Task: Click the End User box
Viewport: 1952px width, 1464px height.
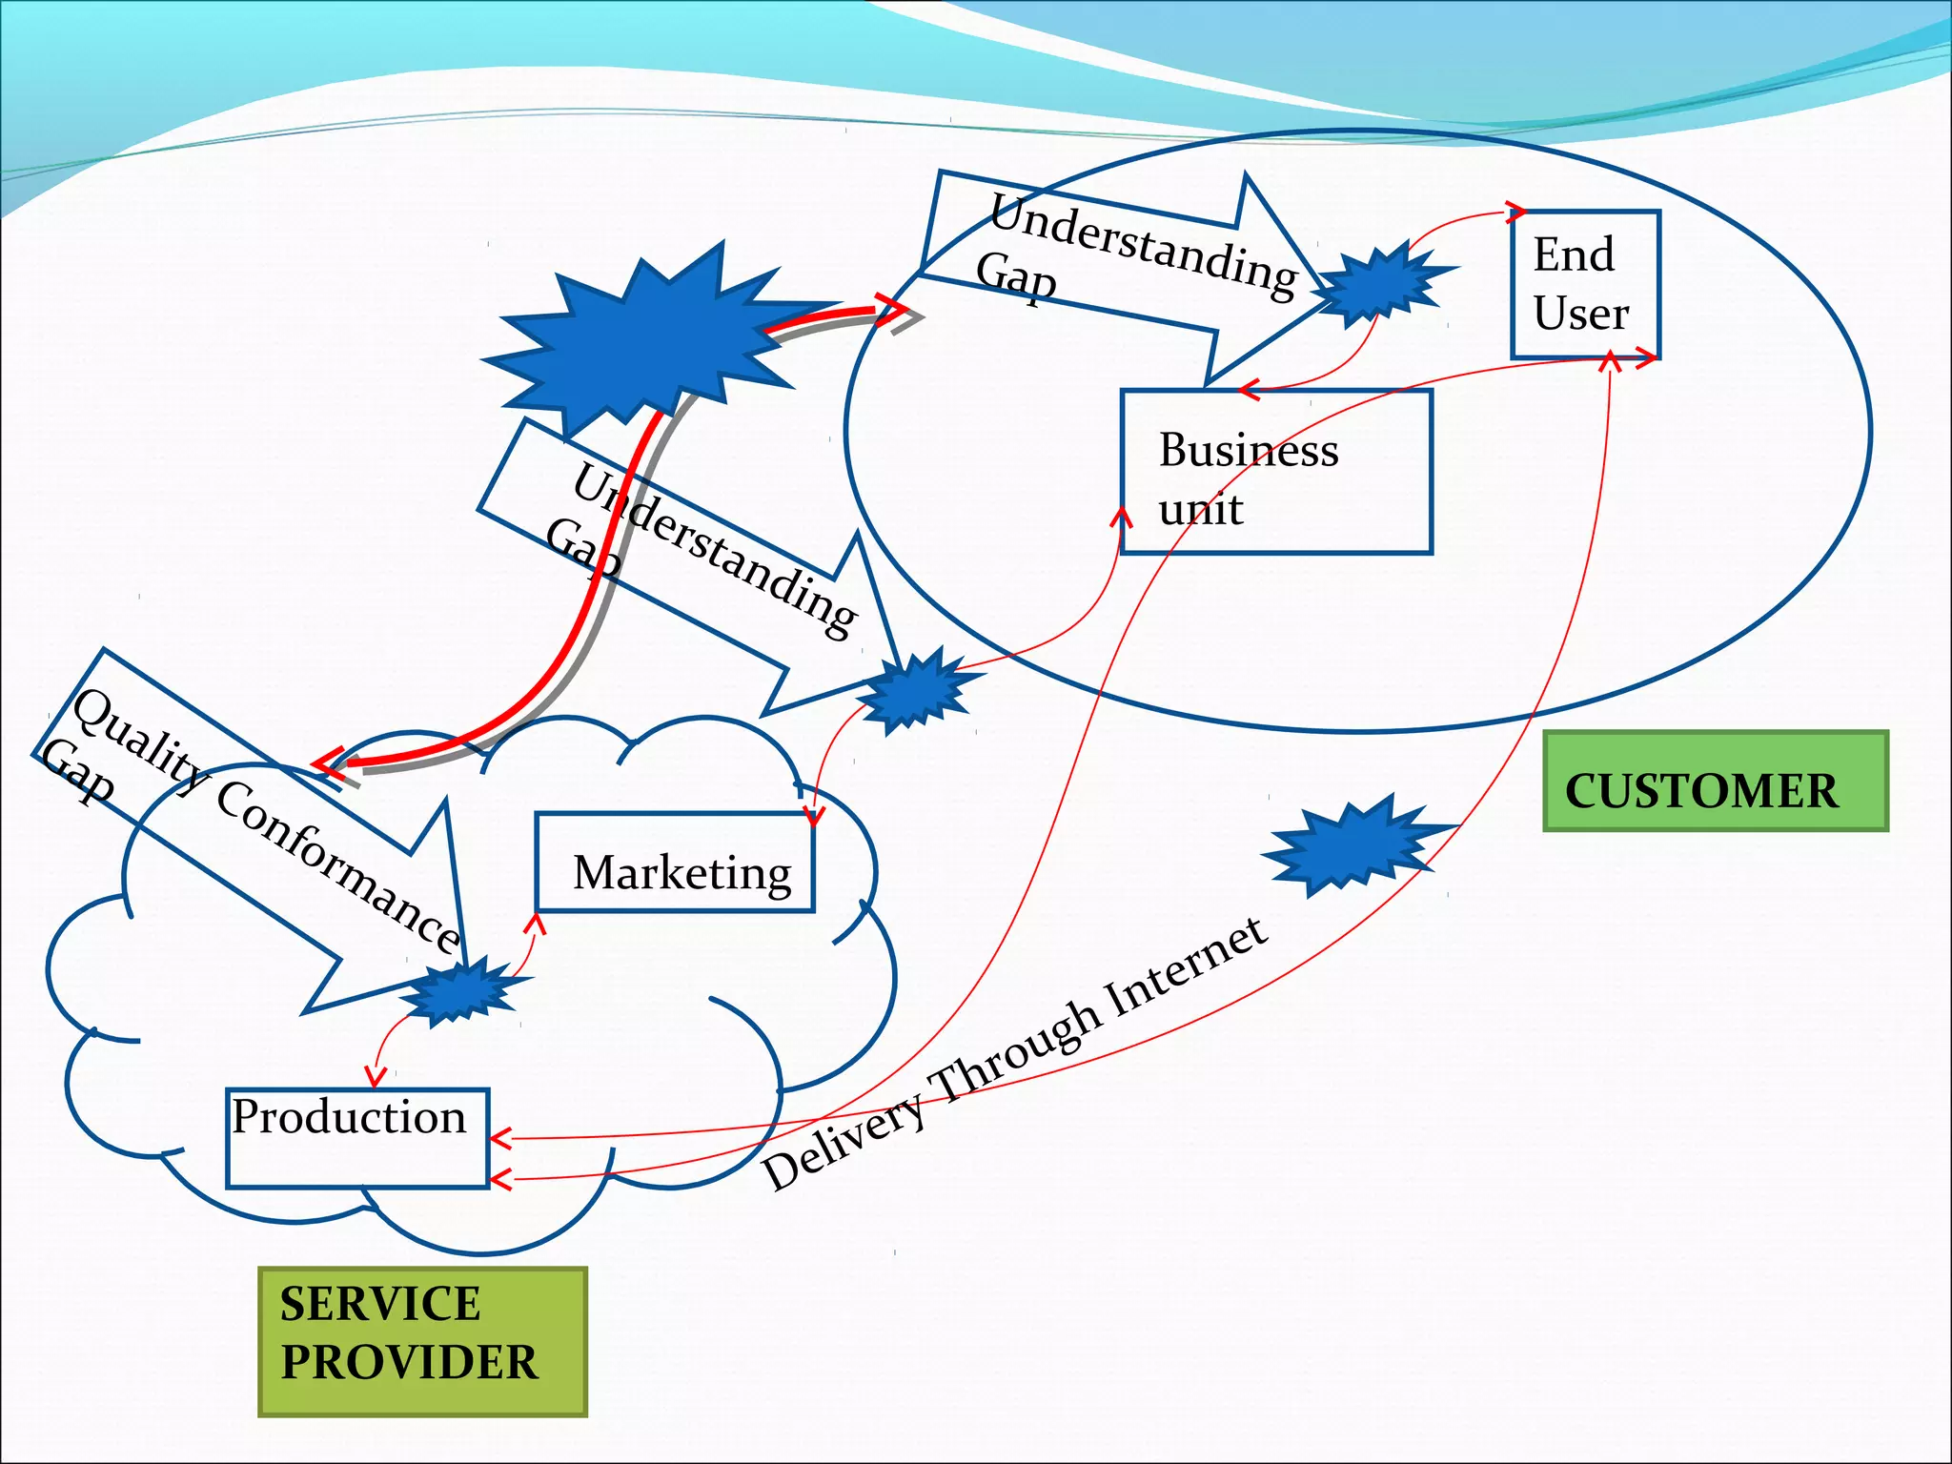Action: [1585, 284]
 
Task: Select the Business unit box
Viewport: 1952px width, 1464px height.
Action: [1276, 471]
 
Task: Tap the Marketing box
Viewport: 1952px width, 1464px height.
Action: [675, 863]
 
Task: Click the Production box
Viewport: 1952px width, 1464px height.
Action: [357, 1138]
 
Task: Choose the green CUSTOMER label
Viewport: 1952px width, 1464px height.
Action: [1715, 782]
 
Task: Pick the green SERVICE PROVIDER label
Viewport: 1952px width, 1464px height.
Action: [422, 1341]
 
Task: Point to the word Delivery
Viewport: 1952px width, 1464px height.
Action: [844, 1144]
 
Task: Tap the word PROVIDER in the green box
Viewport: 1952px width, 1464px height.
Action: [409, 1362]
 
